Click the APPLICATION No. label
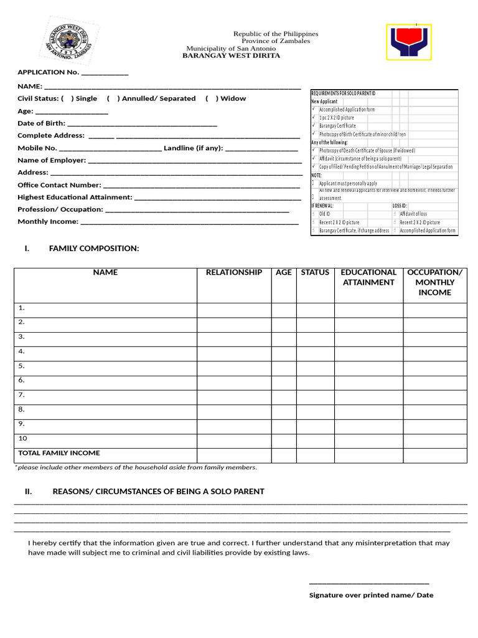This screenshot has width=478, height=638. (x=49, y=72)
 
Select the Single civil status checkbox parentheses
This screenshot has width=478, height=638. (x=67, y=98)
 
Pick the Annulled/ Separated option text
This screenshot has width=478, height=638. (x=159, y=98)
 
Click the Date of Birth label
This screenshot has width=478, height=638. (x=41, y=123)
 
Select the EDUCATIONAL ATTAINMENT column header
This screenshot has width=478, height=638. (x=368, y=277)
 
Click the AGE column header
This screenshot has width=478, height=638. (x=284, y=272)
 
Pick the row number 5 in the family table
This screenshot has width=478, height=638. (x=21, y=366)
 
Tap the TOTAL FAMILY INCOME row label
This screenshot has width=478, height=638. (x=59, y=453)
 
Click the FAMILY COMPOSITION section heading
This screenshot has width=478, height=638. (x=94, y=249)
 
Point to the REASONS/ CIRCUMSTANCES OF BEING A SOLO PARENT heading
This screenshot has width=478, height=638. (x=158, y=492)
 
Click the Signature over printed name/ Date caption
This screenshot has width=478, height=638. (x=371, y=595)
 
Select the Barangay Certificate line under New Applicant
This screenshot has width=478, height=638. (x=337, y=126)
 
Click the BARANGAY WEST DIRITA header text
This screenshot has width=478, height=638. (x=231, y=55)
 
